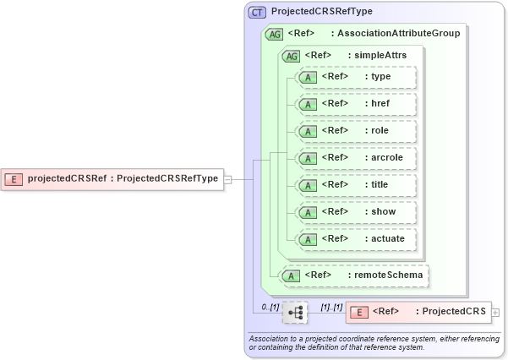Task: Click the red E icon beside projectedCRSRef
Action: [14, 178]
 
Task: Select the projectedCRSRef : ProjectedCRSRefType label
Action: [123, 178]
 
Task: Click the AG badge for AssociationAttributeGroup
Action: [274, 34]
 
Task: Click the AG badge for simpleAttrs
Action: [291, 56]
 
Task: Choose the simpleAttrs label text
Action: [380, 56]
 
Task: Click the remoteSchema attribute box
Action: [354, 275]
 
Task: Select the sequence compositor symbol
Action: [295, 312]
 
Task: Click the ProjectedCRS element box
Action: [418, 312]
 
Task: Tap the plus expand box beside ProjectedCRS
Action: [495, 312]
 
